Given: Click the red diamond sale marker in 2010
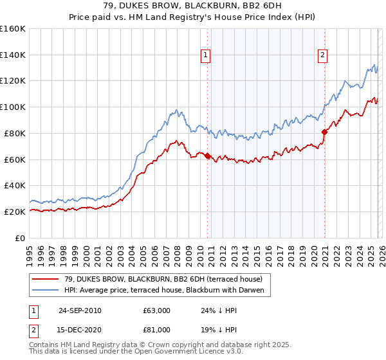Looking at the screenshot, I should pyautogui.click(x=207, y=155).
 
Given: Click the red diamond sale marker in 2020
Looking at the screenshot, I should pyautogui.click(x=324, y=132).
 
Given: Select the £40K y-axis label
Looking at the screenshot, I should pyautogui.click(x=15, y=186).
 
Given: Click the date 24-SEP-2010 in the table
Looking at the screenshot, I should pyautogui.click(x=80, y=310).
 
